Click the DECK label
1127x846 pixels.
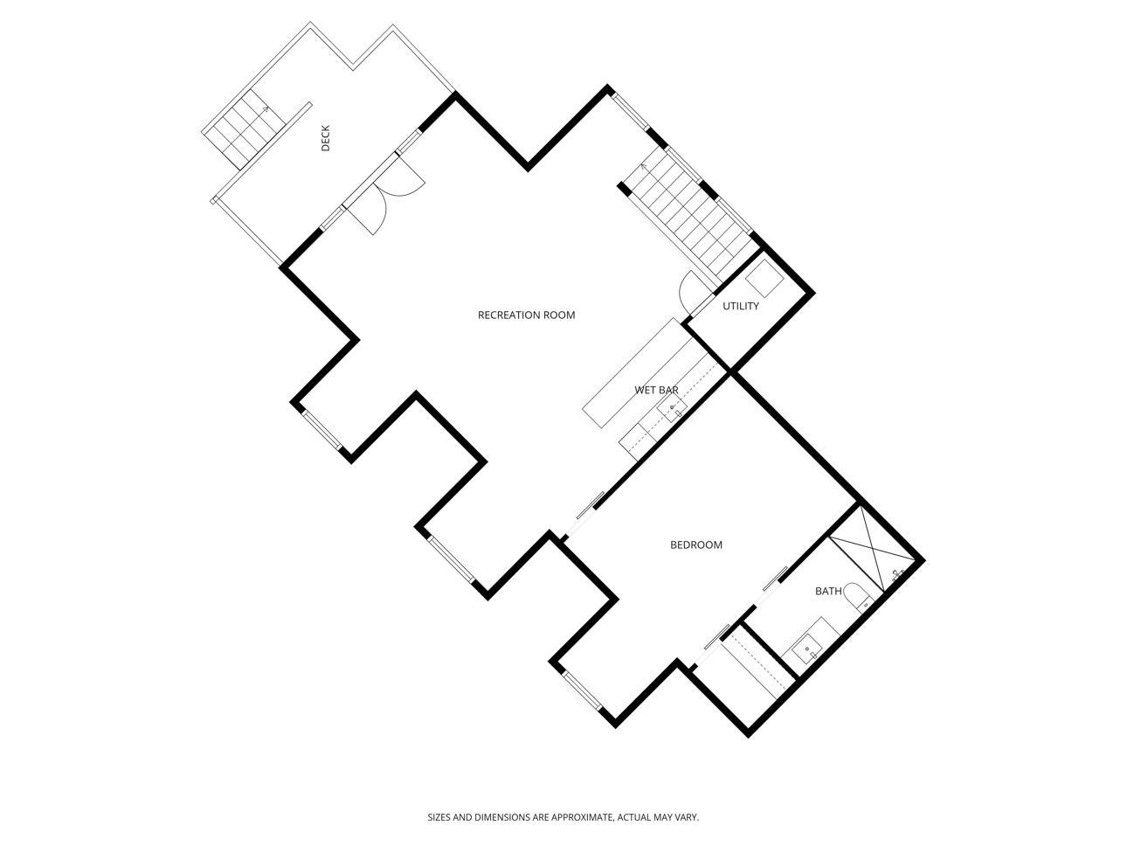point(325,138)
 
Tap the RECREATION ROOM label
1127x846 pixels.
point(526,315)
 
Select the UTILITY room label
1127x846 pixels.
point(740,306)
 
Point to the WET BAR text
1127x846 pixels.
point(656,390)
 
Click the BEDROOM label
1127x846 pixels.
point(695,544)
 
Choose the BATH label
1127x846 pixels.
point(828,591)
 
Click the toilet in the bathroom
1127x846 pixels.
point(859,597)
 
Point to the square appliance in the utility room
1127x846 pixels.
point(764,279)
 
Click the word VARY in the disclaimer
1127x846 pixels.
point(686,817)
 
